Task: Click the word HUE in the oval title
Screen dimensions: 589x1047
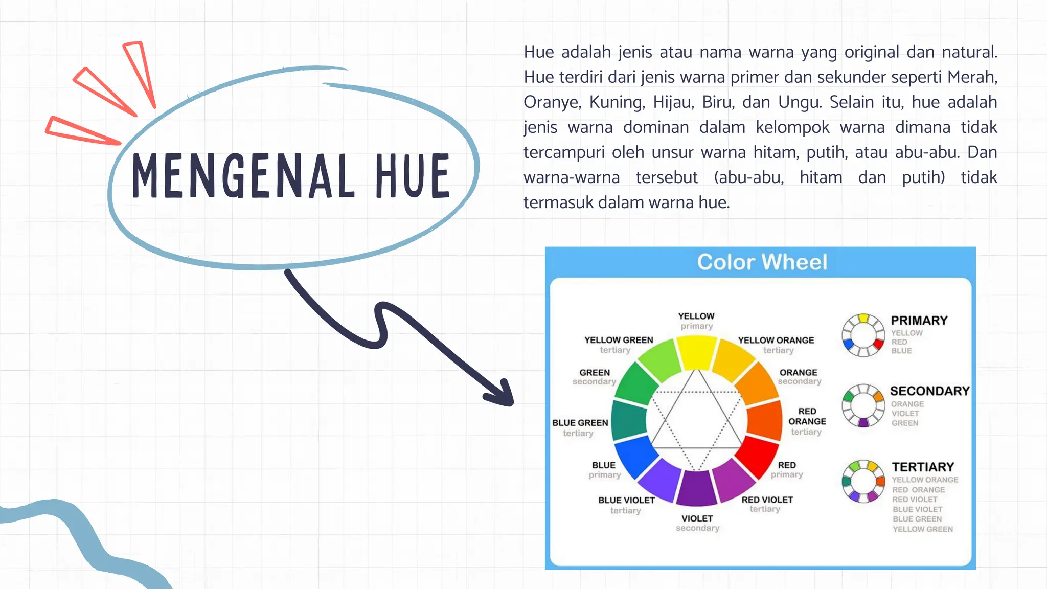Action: [413, 176]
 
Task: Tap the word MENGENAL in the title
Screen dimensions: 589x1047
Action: [243, 176]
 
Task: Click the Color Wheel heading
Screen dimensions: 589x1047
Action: [762, 262]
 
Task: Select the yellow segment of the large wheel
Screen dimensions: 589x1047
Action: [696, 352]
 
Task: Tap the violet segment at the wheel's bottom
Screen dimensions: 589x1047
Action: [696, 489]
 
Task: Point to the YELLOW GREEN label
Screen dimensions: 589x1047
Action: [619, 340]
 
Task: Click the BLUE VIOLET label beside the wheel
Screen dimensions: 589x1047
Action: [626, 500]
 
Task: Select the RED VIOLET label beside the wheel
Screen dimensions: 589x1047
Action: [767, 500]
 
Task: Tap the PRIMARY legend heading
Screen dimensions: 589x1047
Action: [919, 321]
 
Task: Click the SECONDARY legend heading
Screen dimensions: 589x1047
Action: [929, 391]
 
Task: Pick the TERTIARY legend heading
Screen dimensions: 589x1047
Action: [923, 467]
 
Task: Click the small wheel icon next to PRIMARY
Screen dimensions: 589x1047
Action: [863, 335]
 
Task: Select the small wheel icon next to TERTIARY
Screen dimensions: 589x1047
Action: [863, 481]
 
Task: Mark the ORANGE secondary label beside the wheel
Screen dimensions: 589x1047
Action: [798, 373]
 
